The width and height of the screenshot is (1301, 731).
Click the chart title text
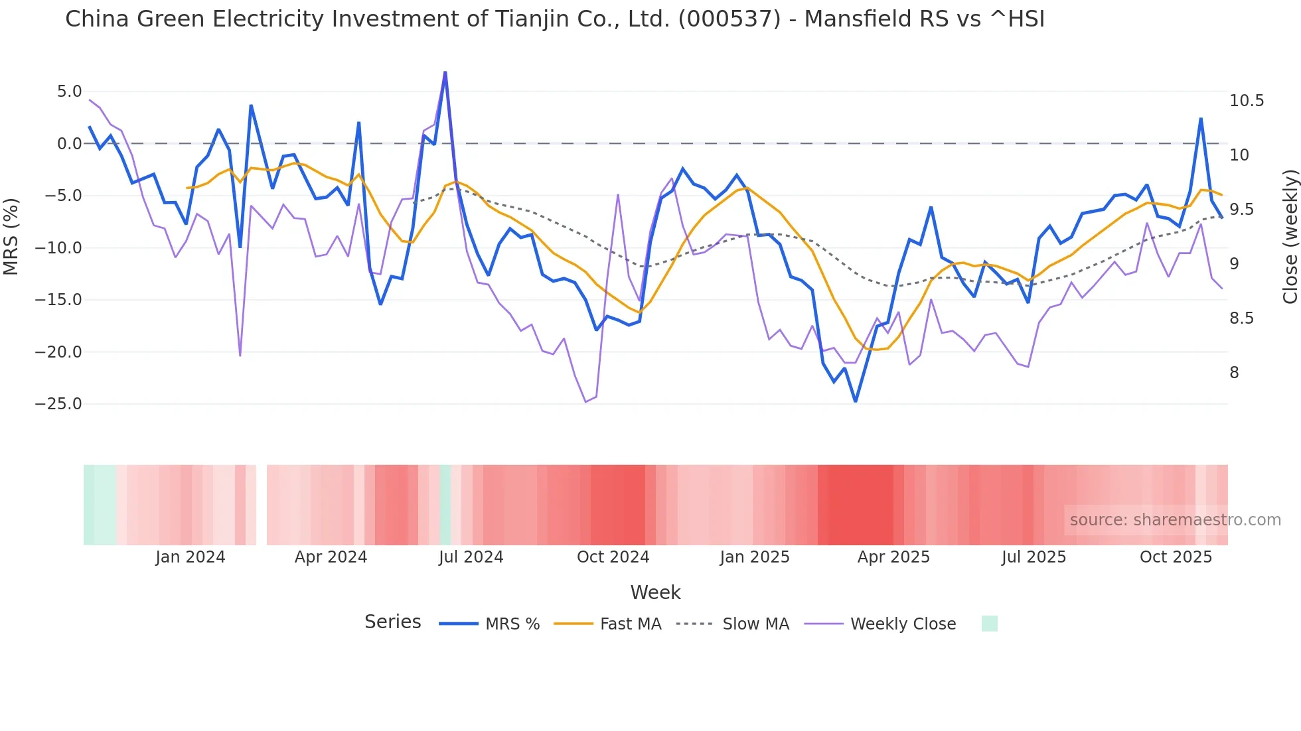[554, 19]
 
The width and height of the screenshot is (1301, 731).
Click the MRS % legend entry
[512, 624]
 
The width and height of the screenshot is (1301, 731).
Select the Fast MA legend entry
[630, 624]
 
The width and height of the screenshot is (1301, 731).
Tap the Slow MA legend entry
[755, 624]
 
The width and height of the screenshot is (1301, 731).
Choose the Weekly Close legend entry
[903, 624]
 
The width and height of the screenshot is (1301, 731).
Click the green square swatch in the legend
[989, 624]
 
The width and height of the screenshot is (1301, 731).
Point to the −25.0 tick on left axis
[58, 404]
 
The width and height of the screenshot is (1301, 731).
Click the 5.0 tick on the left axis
[69, 92]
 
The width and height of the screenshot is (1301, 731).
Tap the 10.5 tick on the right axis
[1246, 101]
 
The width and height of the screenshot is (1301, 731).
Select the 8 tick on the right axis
[1234, 373]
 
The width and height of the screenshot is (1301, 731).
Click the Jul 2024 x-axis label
[471, 557]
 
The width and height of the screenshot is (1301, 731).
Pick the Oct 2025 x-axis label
[1176, 557]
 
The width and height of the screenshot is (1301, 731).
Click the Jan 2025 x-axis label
[755, 557]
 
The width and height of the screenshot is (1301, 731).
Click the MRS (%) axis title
[11, 237]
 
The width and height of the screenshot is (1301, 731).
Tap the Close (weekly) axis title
[1290, 237]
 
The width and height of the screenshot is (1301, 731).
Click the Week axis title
[655, 592]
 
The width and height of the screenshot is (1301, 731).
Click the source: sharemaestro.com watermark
[1175, 520]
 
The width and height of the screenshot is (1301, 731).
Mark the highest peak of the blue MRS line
[445, 72]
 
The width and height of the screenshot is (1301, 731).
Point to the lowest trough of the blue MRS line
[856, 401]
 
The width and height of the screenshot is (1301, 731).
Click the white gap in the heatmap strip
[262, 505]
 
